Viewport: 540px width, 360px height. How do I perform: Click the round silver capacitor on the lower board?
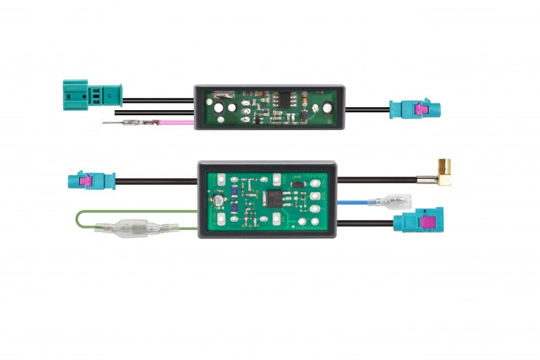[x=219, y=201]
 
